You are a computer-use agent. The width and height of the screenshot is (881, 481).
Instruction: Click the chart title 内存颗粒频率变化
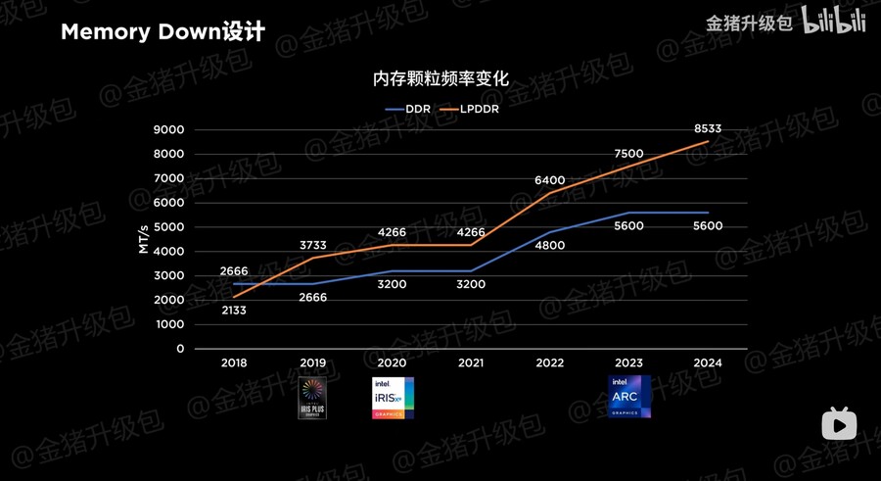tap(440, 79)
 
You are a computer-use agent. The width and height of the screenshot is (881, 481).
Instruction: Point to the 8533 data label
tap(708, 128)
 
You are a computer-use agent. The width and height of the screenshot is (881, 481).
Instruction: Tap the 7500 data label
tap(629, 154)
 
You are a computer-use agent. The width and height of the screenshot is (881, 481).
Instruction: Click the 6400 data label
tap(550, 180)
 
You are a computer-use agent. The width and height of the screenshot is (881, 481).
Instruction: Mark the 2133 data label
tap(234, 310)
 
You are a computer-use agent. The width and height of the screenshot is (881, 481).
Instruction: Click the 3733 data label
tap(313, 245)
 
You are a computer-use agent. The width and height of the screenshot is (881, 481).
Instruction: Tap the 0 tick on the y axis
tap(180, 349)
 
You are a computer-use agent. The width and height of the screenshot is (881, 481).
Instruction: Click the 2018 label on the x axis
tap(234, 362)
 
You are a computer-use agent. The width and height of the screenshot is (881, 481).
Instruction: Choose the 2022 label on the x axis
tap(550, 362)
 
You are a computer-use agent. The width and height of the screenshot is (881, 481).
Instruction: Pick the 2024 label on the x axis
tap(708, 362)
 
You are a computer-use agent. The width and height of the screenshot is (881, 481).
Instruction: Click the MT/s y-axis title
tap(143, 238)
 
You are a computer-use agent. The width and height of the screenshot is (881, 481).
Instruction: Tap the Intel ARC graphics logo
tap(629, 397)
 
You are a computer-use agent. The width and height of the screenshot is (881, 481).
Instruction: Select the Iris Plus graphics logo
tap(313, 399)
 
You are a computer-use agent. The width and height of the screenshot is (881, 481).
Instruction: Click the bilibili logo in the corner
tap(834, 22)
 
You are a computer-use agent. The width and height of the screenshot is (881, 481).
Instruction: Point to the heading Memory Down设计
tap(162, 32)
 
